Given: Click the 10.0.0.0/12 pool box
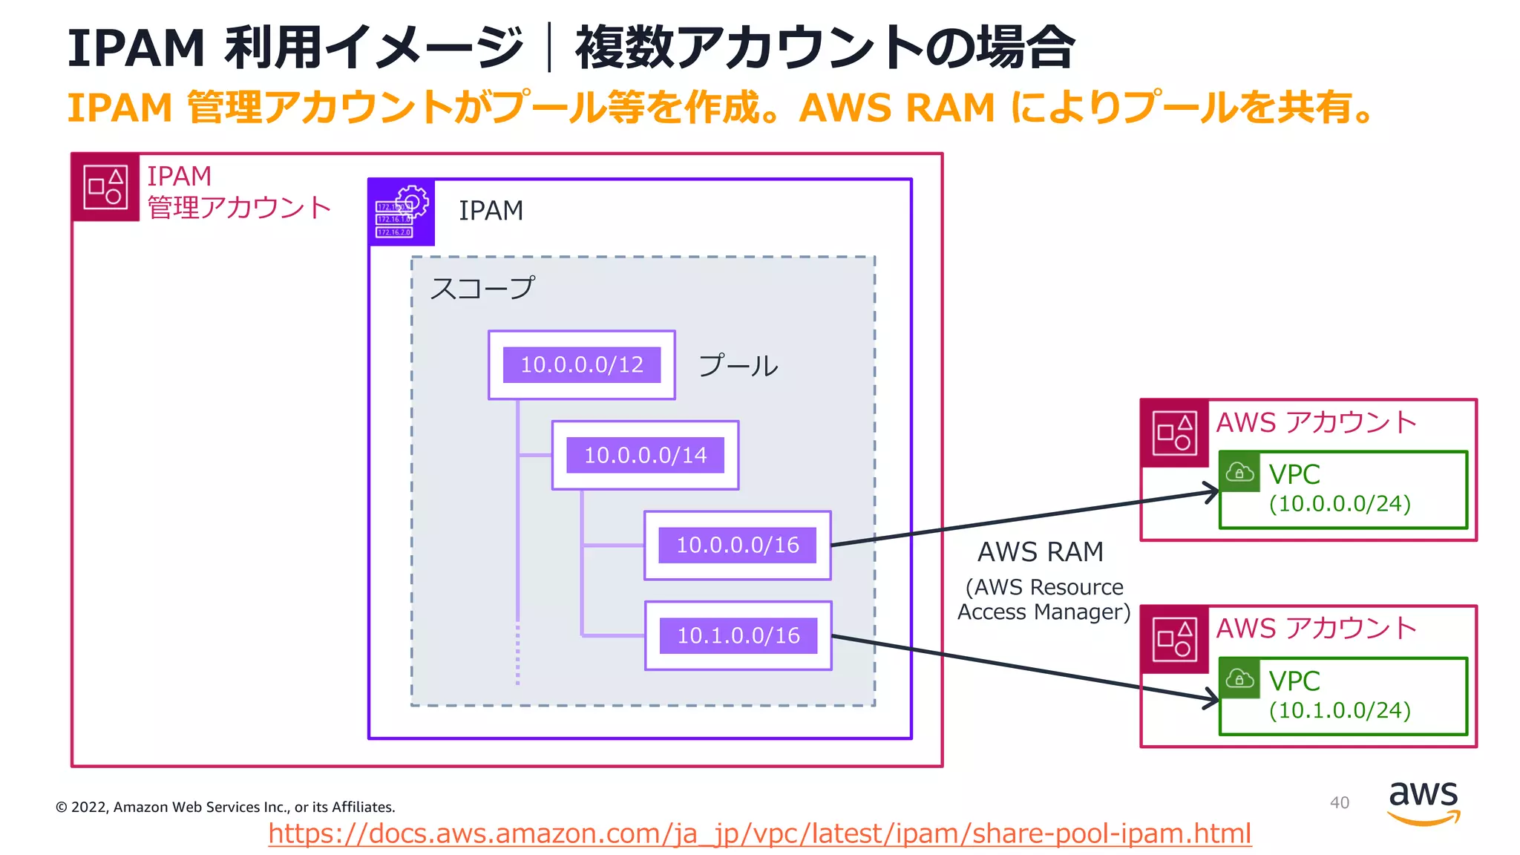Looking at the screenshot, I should pos(581,365).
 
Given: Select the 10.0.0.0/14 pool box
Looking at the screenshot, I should pos(645,455).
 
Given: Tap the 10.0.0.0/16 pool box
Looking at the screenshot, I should pos(737,546).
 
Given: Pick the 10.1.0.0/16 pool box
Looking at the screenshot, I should pos(738,636).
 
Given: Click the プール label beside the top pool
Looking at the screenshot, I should pos(738,366).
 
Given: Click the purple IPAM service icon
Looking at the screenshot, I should pos(402,213).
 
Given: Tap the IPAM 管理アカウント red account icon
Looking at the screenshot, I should pos(105,188).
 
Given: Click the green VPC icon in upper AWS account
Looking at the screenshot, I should pos(1239,472).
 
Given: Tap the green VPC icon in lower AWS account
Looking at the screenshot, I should pos(1239,678).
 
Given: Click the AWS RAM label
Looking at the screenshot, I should pos(1040,552).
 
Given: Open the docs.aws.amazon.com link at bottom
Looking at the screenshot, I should pos(759,833).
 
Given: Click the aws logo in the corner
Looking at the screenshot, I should pos(1423,802).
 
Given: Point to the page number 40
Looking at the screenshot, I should pos(1339,803).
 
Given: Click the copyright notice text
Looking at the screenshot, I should pos(225,807).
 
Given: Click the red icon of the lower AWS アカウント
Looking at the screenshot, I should pos(1174,640).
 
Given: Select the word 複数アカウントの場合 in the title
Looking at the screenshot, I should pos(824,48).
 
